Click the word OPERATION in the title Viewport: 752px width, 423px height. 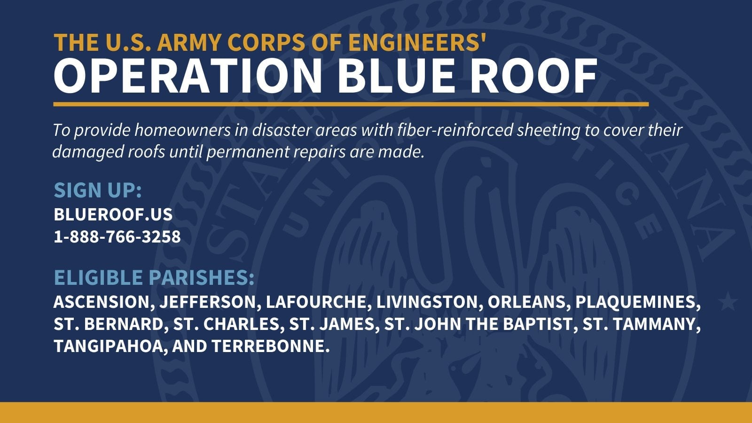click(x=188, y=76)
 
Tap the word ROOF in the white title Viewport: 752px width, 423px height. click(x=534, y=76)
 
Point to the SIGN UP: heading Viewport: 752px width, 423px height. click(x=98, y=190)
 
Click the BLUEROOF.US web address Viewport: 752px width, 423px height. click(x=113, y=214)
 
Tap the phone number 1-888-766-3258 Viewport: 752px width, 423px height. click(x=117, y=236)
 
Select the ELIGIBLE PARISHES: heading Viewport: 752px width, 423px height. click(x=154, y=277)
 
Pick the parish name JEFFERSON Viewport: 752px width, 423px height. click(x=207, y=302)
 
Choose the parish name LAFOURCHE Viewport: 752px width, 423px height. click(x=315, y=302)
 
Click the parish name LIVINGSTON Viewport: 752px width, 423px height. click(x=426, y=302)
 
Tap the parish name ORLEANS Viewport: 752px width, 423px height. click(x=526, y=302)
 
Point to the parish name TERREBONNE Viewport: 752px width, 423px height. click(x=268, y=346)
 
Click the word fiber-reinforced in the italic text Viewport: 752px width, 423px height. click(x=455, y=130)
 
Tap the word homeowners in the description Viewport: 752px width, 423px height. click(x=183, y=130)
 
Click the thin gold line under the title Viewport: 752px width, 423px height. click(x=351, y=104)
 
